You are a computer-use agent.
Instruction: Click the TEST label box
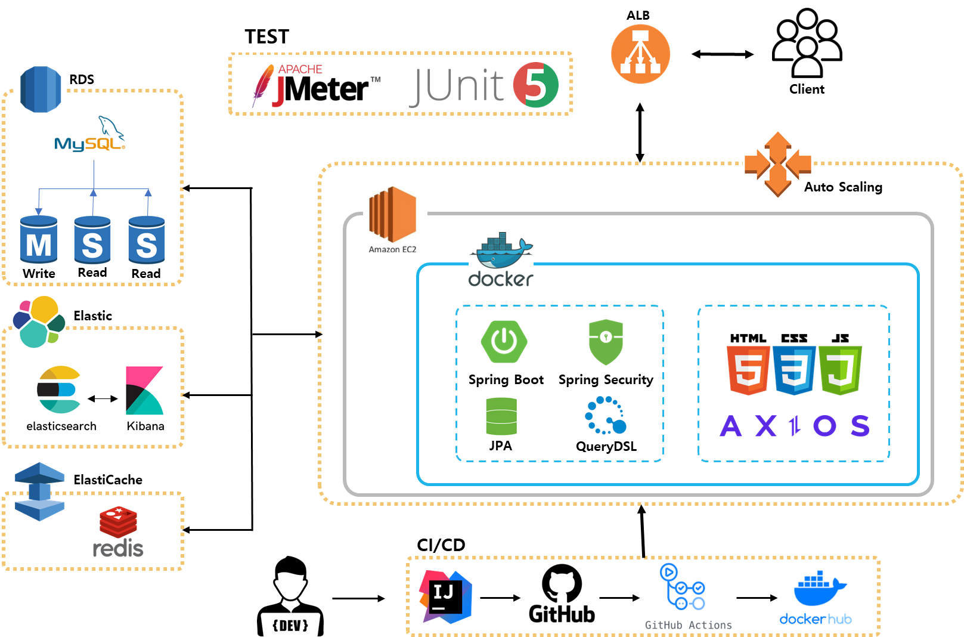pos(266,36)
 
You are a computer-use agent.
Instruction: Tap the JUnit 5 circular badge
pos(535,85)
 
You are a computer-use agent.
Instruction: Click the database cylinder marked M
pos(39,240)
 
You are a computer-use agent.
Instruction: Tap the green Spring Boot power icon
pos(504,341)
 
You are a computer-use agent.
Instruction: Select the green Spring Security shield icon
pos(606,341)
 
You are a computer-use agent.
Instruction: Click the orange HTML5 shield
pos(748,370)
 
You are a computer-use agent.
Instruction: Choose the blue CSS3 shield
pos(794,370)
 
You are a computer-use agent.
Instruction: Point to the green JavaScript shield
pos(840,370)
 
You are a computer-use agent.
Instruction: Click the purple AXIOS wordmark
pos(794,426)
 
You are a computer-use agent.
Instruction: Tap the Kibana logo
pos(145,391)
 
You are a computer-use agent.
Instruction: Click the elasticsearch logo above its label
pos(58,390)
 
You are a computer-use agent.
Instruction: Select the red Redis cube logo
pos(118,521)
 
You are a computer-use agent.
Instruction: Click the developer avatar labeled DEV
pos(290,596)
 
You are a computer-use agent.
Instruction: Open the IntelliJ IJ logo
pos(445,596)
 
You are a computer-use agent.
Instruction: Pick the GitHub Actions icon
pos(683,588)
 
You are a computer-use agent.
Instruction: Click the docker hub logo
pos(816,596)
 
